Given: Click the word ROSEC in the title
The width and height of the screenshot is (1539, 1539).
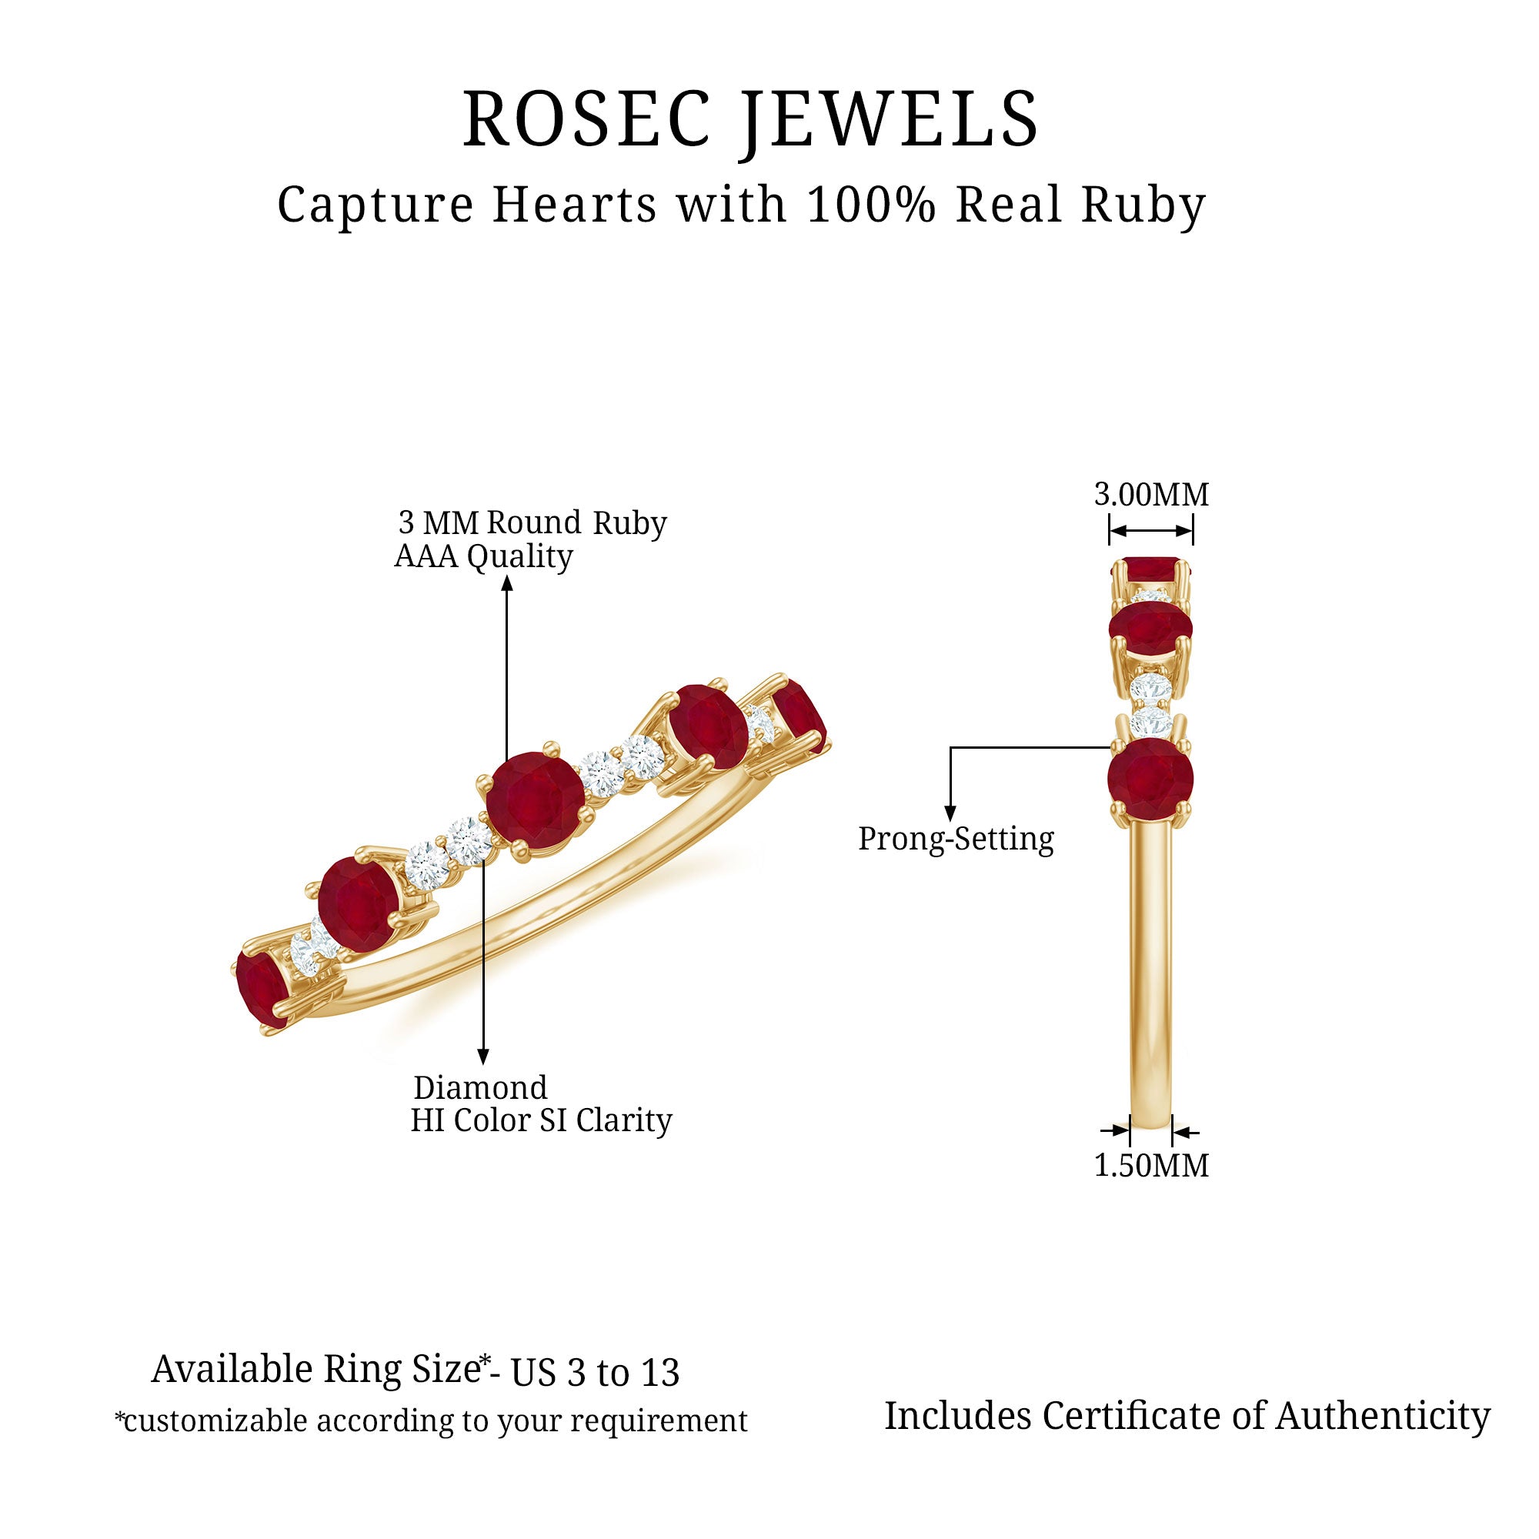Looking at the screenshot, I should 586,119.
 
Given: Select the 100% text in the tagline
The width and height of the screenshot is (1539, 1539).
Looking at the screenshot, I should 873,205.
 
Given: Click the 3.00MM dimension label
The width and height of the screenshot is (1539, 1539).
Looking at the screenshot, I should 1151,495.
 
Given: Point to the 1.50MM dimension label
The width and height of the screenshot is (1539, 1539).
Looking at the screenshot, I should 1151,1165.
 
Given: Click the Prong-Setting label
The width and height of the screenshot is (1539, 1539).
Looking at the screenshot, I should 956,840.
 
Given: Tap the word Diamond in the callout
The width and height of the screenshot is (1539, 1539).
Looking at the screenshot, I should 480,1088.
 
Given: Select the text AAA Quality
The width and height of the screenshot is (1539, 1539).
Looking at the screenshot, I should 483,556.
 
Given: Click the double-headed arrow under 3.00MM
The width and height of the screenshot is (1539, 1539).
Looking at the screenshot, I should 1151,531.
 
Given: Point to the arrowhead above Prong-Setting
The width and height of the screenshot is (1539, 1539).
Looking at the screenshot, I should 950,813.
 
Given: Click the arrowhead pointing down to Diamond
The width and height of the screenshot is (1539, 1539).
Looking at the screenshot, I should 482,1057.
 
